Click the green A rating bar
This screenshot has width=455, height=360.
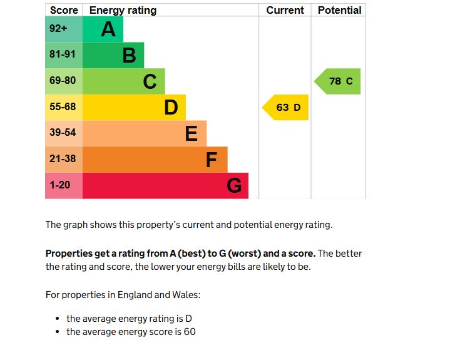coord(103,29)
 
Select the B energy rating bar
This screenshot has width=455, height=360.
coord(113,55)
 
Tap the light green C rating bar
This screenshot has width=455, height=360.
coord(124,81)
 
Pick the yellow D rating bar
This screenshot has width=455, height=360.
coord(134,107)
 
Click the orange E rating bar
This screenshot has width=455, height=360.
coord(145,133)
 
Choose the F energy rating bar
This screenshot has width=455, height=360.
coord(155,160)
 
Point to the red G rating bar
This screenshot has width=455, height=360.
coord(165,186)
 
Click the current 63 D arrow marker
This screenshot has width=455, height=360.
coord(286,107)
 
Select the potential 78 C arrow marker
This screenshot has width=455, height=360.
coord(338,81)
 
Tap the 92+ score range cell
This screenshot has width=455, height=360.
coord(64,29)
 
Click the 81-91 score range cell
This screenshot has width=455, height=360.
coord(64,55)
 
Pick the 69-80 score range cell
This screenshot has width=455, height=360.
coord(64,81)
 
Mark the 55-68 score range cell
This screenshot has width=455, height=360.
coord(64,107)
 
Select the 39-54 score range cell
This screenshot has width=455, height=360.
coord(64,133)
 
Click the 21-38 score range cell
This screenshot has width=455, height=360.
coord(64,160)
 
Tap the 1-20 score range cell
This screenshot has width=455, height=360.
coord(64,186)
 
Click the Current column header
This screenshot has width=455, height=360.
coord(285,10)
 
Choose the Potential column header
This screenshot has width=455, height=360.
coord(339,10)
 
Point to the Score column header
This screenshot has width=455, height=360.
coord(64,10)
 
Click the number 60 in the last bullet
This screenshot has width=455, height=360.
coord(190,332)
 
